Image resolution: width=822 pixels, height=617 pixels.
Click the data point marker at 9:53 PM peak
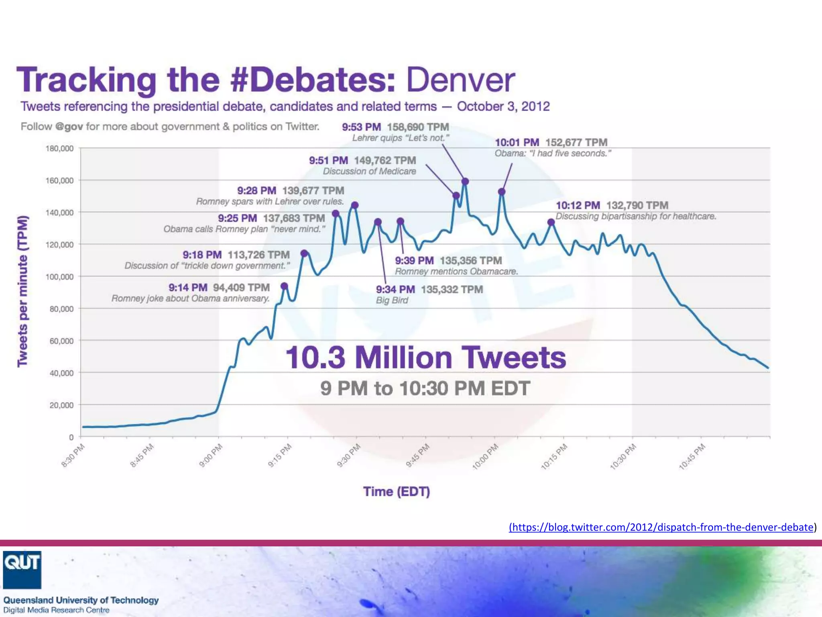click(465, 182)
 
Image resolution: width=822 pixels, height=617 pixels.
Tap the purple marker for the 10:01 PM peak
click(502, 192)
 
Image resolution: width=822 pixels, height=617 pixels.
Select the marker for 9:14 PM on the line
click(285, 286)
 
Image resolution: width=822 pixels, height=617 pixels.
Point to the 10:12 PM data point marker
click(551, 222)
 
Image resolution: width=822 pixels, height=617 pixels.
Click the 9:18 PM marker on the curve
click(304, 253)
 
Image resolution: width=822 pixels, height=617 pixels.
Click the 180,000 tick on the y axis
click(60, 149)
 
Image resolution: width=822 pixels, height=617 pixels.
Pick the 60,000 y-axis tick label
click(61, 341)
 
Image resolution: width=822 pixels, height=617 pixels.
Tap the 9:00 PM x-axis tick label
click(211, 456)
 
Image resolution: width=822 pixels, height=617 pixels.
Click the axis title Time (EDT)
click(397, 492)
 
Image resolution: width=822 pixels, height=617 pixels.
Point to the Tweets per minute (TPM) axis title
click(23, 291)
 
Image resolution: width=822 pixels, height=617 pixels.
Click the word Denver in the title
click(460, 80)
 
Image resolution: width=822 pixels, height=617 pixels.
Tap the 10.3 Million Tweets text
click(425, 358)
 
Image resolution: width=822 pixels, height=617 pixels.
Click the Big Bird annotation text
click(392, 300)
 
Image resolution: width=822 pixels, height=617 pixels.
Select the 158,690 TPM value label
click(418, 127)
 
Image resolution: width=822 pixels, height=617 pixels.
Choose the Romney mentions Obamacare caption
click(456, 272)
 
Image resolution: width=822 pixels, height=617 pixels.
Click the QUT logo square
click(22, 570)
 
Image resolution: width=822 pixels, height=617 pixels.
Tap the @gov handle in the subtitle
click(69, 127)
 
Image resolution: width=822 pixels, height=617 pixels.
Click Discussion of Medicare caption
click(369, 172)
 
